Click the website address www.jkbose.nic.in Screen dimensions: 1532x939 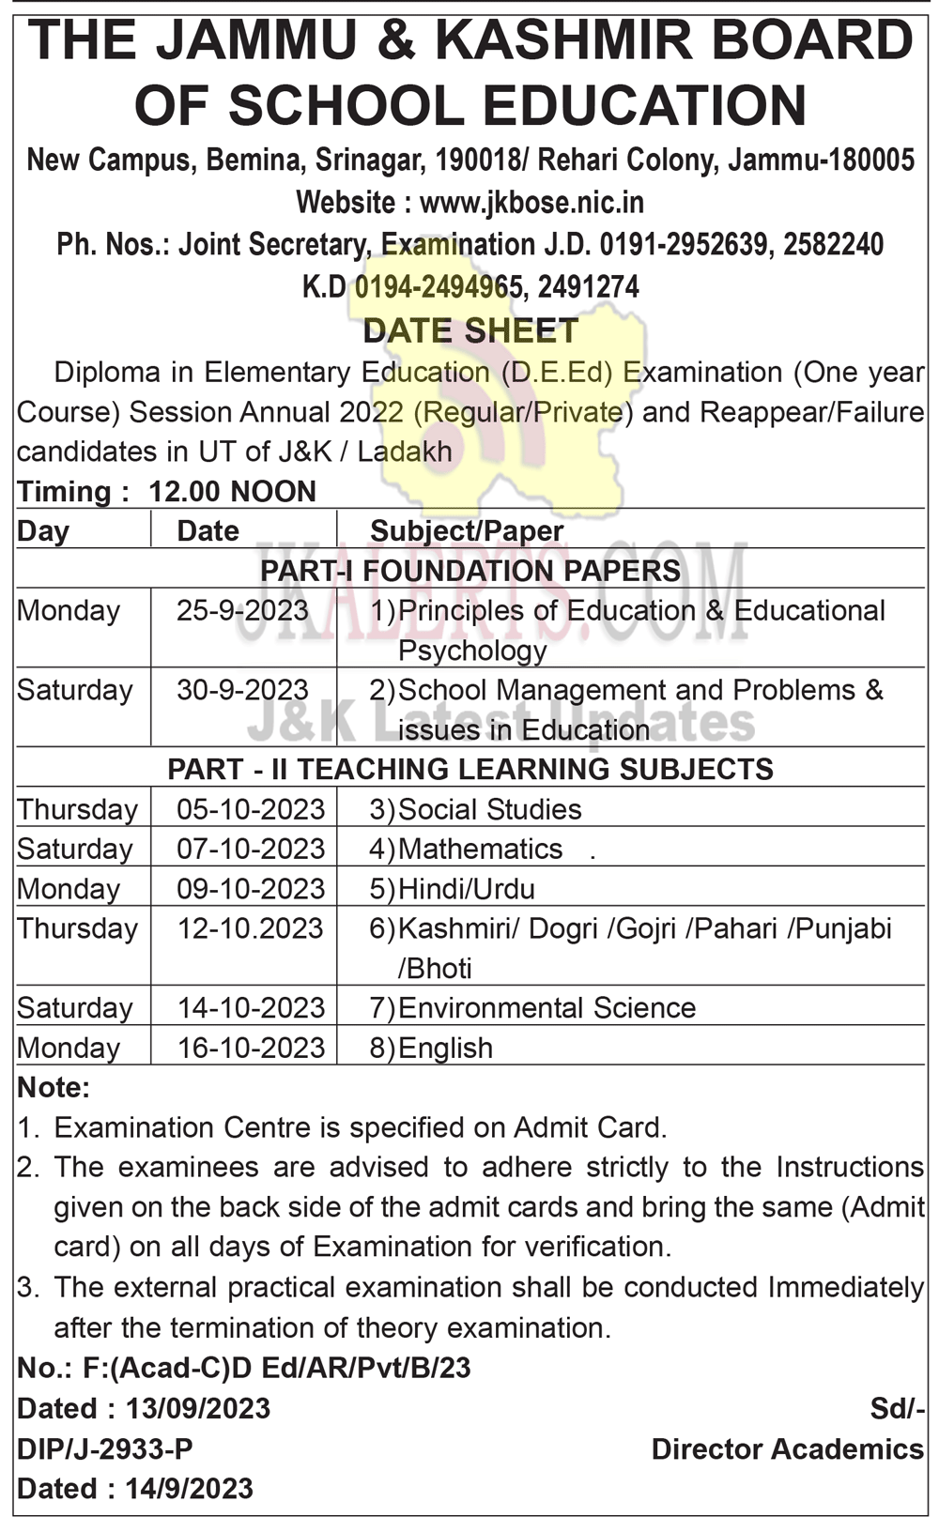[531, 202]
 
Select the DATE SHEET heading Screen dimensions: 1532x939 [470, 330]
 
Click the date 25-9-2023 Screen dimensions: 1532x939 [242, 610]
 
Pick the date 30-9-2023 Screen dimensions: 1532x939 [242, 690]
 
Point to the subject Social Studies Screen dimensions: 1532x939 [489, 809]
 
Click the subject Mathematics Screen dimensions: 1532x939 [480, 849]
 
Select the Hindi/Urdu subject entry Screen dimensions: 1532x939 [466, 889]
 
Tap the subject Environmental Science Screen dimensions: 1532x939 [546, 1008]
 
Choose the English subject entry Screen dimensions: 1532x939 [445, 1048]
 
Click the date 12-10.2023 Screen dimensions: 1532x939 [251, 928]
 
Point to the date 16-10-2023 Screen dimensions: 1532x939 [251, 1048]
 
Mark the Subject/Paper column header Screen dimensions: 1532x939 [467, 530]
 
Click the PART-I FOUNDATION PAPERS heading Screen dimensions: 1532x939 [470, 571]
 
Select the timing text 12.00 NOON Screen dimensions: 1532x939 [233, 491]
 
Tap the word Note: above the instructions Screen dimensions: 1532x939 [54, 1087]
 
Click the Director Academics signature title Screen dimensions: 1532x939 [787, 1448]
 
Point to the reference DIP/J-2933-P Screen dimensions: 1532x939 [104, 1448]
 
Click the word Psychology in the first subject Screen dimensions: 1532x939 [472, 651]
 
